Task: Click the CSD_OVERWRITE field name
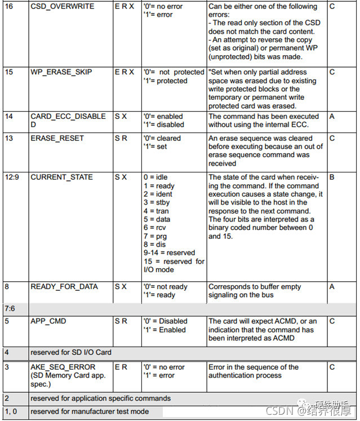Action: tap(62, 7)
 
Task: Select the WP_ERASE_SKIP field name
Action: tap(61, 72)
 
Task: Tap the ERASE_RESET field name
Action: tap(57, 138)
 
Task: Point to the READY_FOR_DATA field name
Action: tap(64, 287)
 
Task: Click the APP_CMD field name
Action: tap(48, 321)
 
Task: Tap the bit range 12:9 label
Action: tap(12, 177)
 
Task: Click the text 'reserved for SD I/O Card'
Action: tap(71, 352)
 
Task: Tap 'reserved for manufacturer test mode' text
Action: tap(90, 411)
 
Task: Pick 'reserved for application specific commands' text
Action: tap(100, 398)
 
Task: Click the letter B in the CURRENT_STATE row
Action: tap(332, 177)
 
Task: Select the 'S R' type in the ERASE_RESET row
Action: tap(121, 138)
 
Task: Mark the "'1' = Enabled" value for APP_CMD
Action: tap(165, 330)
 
